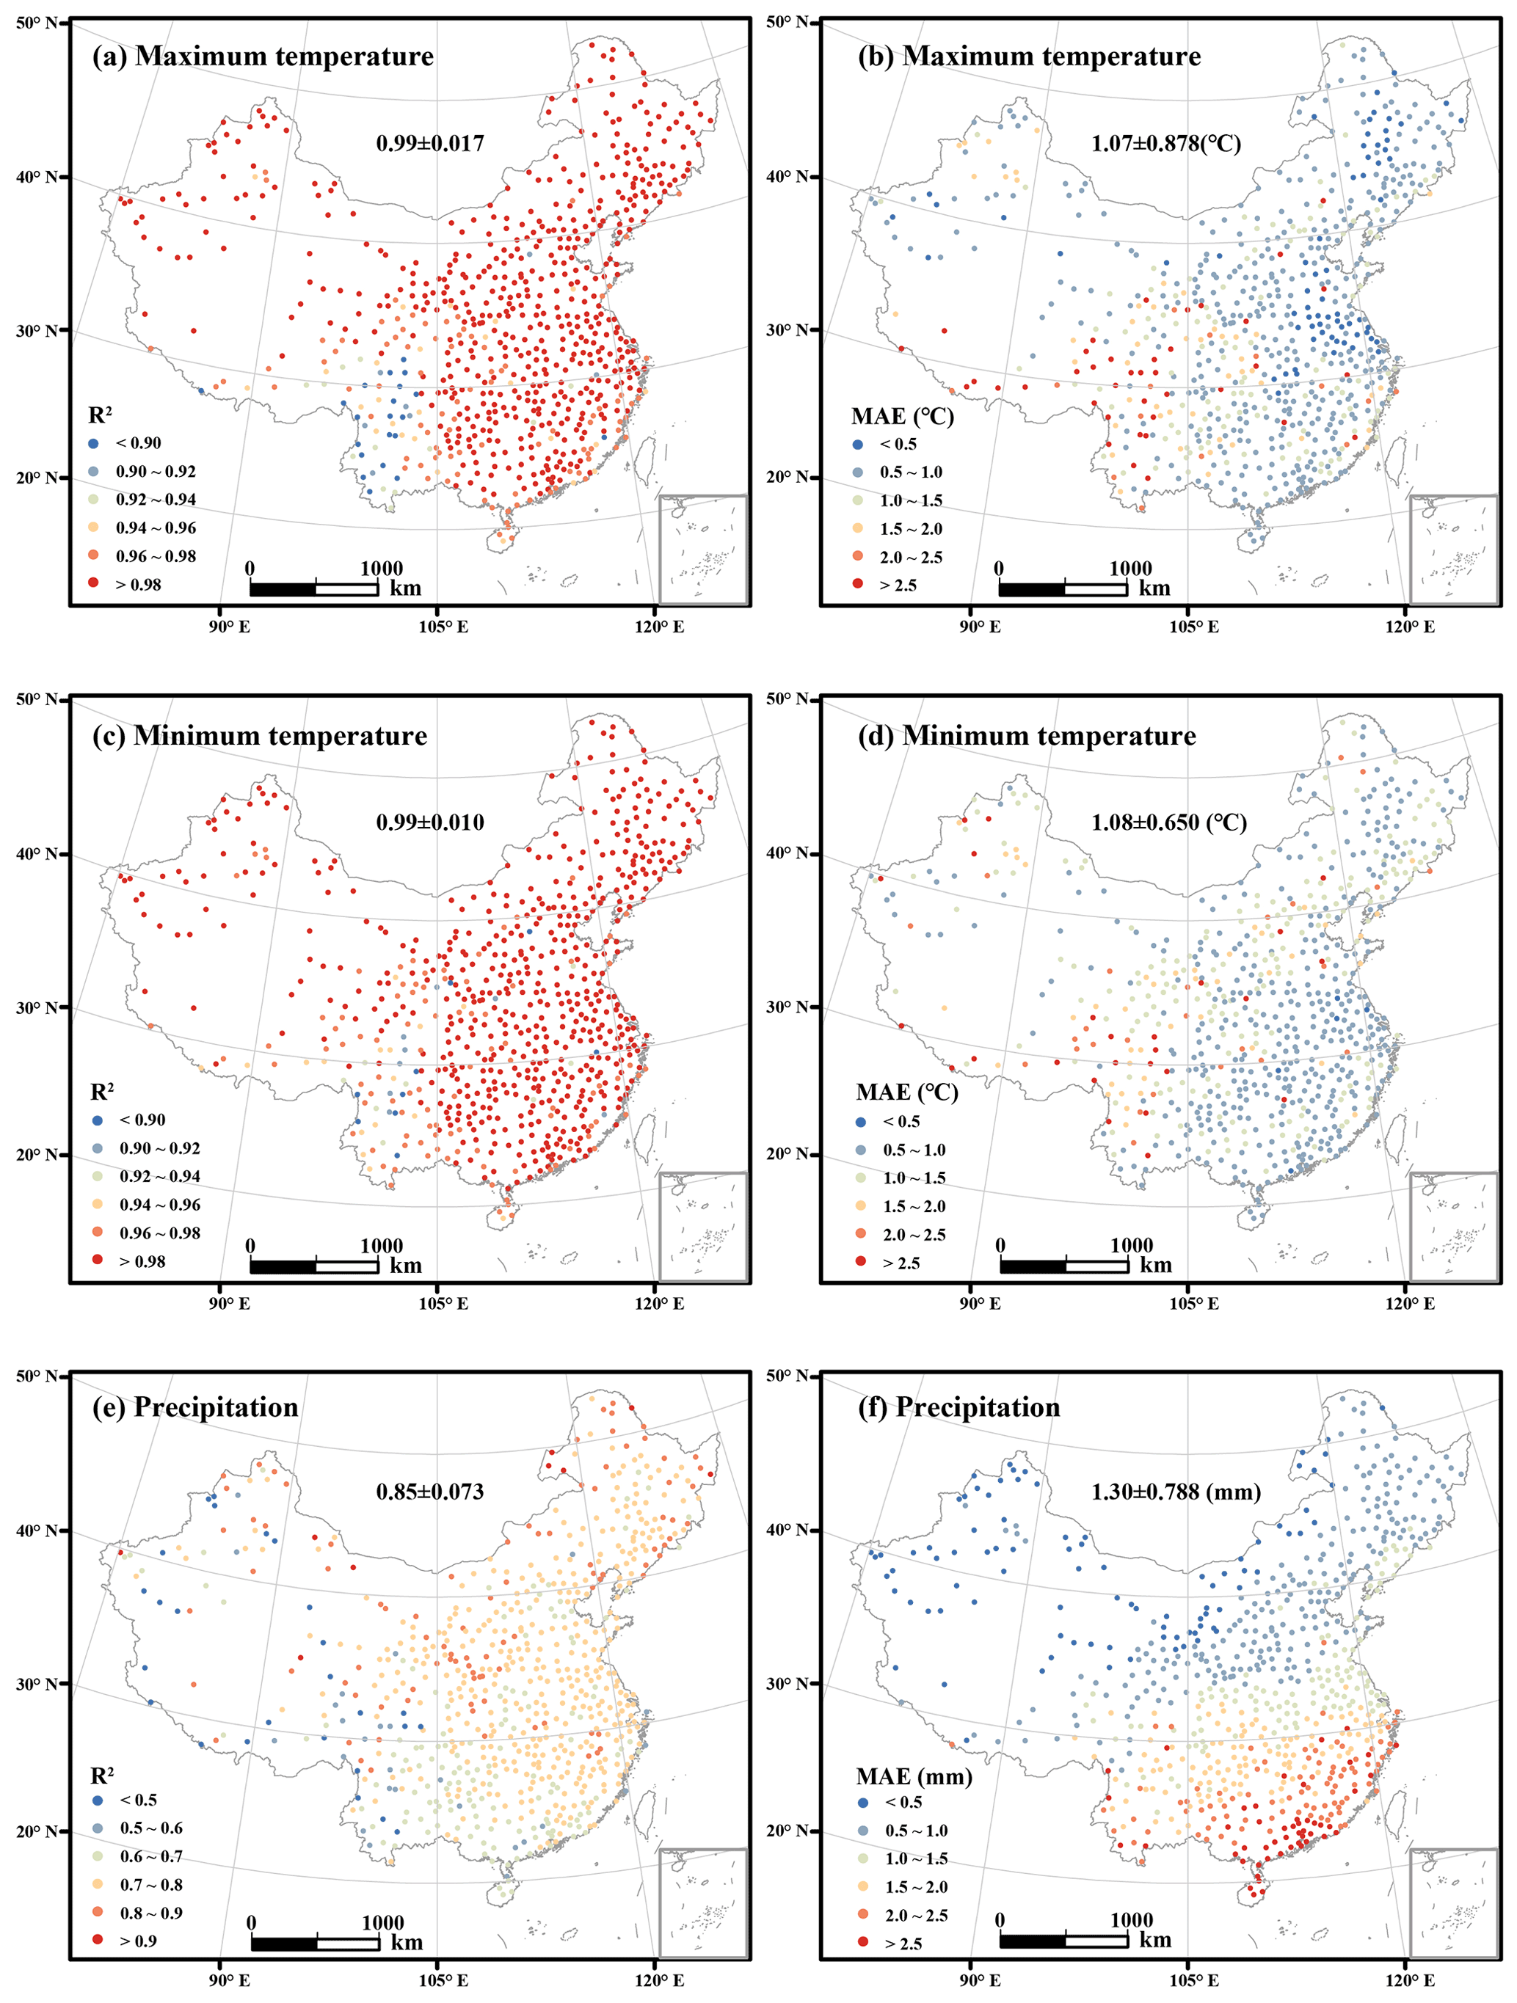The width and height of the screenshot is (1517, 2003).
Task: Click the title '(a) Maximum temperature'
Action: click(263, 56)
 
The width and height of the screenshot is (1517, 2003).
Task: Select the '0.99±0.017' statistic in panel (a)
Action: click(430, 143)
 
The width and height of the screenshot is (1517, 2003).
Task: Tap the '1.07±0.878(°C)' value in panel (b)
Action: click(1165, 143)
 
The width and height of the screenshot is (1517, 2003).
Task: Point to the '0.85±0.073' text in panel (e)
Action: click(430, 1492)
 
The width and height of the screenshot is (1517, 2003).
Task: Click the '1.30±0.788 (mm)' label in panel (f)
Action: click(1176, 1492)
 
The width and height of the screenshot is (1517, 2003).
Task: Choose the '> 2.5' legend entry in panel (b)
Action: click(898, 585)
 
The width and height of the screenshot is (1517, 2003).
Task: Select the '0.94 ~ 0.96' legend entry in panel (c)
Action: click(159, 1204)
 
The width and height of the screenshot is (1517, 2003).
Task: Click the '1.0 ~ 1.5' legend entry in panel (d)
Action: click(914, 1177)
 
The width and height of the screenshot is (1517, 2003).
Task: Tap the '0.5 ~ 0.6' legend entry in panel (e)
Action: click(151, 1828)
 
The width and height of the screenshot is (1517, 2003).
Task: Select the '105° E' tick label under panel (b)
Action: click(1193, 627)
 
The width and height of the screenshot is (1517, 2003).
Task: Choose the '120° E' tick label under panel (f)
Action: click(1409, 1980)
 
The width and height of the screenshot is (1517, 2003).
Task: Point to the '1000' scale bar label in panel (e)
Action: click(382, 1922)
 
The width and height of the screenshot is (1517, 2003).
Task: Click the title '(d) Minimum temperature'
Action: click(1026, 736)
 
